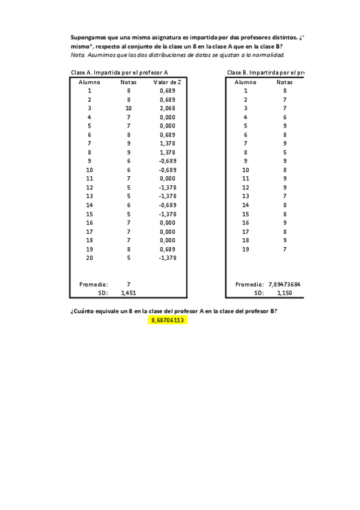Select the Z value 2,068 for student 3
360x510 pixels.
pos(168,108)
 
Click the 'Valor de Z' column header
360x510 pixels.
pos(168,81)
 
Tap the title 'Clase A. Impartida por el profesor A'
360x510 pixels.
pos(119,72)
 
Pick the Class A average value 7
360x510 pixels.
pos(128,284)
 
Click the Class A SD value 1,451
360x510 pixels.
pos(128,293)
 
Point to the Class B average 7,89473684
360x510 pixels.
pos(284,284)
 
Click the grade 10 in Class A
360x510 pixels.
pos(128,108)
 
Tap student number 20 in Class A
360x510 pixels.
pos(89,257)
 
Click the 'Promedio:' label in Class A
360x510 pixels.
pos(93,284)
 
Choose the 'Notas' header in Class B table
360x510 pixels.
pos(284,81)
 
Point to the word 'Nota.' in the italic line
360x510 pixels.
pos(78,55)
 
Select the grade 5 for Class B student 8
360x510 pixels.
pos(284,152)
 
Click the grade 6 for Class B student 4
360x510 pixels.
pos(284,117)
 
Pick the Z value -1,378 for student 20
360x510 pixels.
pos(168,257)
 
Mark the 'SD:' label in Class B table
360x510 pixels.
pos(259,293)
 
